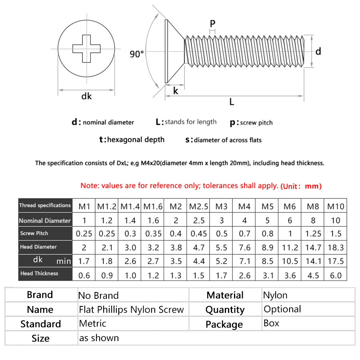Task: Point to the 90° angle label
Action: point(137,54)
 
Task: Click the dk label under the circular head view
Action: point(86,96)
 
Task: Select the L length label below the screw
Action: point(232,102)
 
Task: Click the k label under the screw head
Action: point(176,91)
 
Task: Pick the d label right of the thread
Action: point(318,51)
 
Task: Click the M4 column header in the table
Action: point(244,206)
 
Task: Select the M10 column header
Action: point(336,206)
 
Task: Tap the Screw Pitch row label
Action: point(34,233)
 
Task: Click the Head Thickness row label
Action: point(39,274)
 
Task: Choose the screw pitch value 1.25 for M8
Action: point(313,234)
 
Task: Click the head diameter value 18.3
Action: point(336,248)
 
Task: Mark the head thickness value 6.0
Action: point(336,275)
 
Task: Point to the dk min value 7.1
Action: point(244,261)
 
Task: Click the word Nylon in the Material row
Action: point(275,295)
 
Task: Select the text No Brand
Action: point(98,296)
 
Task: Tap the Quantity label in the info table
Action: point(225,310)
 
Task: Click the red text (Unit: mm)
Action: point(301,186)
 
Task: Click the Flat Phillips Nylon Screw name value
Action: point(131,309)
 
